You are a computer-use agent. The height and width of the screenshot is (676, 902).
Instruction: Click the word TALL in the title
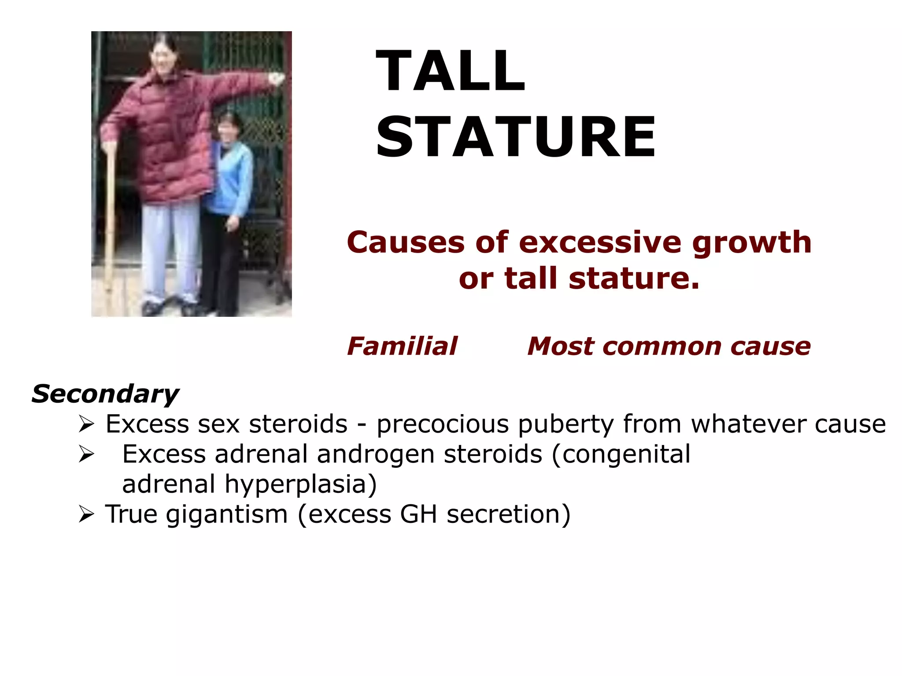[x=450, y=71]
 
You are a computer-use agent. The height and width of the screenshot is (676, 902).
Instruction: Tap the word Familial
[x=402, y=346]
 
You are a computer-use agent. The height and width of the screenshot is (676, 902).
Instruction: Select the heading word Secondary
[x=105, y=393]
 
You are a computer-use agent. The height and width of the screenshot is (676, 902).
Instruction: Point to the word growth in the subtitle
[x=752, y=242]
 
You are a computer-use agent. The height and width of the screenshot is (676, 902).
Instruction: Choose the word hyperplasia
[x=301, y=484]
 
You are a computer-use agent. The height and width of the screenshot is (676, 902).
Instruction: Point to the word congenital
[x=621, y=454]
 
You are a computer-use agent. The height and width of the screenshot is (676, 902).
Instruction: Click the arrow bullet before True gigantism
[x=86, y=514]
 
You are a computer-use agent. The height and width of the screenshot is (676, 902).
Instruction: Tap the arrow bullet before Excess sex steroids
[x=86, y=424]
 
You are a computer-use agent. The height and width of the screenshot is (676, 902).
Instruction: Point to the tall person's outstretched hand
[x=277, y=79]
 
